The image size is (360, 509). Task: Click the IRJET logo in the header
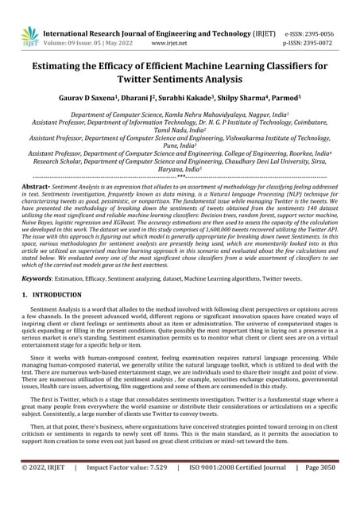pos(29,35)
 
